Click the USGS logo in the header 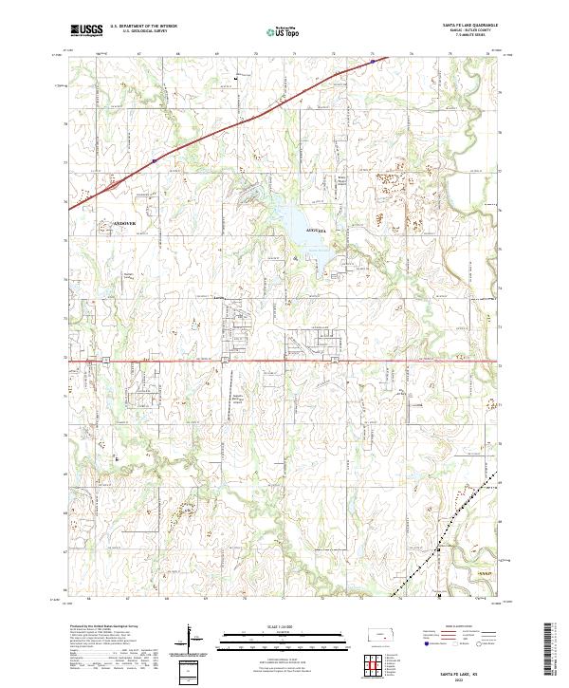pos(86,30)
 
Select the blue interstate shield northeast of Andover pos(153,160)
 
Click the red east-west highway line pos(284,361)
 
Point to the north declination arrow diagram pos(190,641)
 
